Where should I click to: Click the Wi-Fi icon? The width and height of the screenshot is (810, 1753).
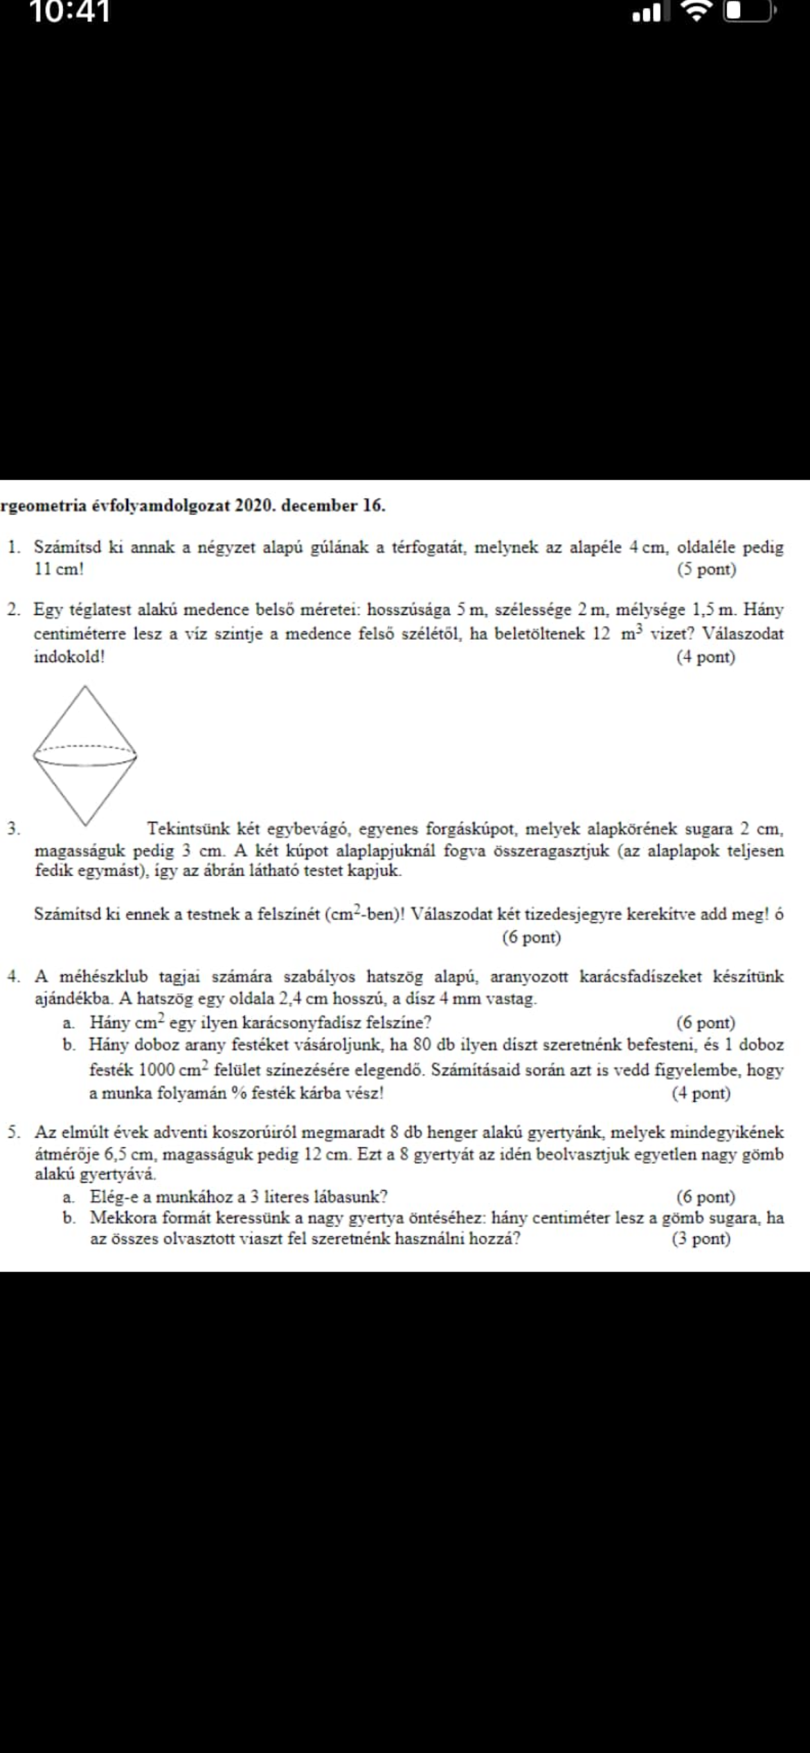tap(696, 11)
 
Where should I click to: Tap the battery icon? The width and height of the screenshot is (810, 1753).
tap(747, 11)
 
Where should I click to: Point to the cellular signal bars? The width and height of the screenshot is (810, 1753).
tap(647, 12)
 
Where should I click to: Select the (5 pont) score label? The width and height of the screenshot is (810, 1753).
tap(706, 570)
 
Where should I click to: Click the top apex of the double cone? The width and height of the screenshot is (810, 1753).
tap(85, 686)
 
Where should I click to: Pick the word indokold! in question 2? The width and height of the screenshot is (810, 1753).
tap(69, 657)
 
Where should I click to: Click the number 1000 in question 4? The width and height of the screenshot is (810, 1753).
tap(156, 1070)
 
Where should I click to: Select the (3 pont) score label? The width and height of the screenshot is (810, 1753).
tap(701, 1239)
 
